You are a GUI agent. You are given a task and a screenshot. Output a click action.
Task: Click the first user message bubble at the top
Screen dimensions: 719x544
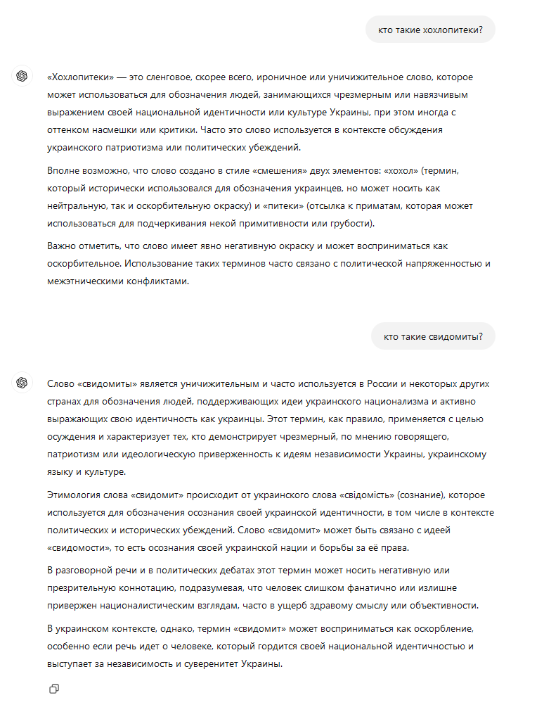pyautogui.click(x=430, y=30)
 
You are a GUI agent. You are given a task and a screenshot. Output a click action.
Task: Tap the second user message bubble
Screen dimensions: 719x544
pyautogui.click(x=433, y=336)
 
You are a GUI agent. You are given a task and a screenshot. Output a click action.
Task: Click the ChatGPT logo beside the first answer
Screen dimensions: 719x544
pyautogui.click(x=22, y=76)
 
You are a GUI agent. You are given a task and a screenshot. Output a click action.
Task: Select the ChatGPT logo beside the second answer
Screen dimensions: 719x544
pyautogui.click(x=22, y=383)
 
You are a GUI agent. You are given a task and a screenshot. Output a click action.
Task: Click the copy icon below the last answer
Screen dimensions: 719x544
pyautogui.click(x=54, y=689)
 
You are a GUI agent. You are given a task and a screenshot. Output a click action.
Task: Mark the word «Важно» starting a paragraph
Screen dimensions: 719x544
pyautogui.click(x=62, y=246)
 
